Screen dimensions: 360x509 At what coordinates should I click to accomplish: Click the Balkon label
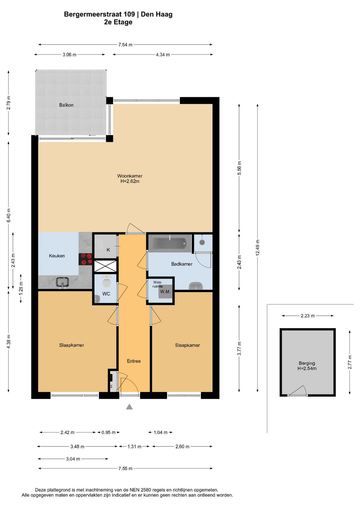tap(66, 105)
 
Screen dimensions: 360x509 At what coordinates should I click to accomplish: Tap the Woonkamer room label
tap(130, 176)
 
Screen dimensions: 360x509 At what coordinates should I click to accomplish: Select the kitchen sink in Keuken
tap(63, 282)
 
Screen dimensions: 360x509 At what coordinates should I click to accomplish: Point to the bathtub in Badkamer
tap(170, 243)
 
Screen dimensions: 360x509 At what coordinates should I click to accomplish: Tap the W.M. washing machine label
tap(165, 292)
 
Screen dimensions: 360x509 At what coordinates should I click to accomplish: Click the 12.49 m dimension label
tap(257, 248)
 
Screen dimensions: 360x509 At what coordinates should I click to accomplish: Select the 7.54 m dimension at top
tap(125, 45)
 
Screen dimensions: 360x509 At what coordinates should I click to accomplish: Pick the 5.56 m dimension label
tap(239, 168)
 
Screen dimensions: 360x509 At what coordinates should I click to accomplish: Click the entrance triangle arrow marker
tap(129, 406)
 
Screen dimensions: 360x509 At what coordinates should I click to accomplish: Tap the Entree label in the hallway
tap(134, 361)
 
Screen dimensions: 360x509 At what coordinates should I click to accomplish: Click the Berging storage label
tap(307, 363)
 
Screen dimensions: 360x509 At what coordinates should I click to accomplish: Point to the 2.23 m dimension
tap(308, 316)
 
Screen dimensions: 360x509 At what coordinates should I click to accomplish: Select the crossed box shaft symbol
tap(106, 266)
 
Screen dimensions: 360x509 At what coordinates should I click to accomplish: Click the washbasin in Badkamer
tap(196, 286)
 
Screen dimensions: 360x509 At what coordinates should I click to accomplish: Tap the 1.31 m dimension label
tap(134, 446)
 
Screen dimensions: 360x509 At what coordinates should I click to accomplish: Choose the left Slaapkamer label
tap(72, 345)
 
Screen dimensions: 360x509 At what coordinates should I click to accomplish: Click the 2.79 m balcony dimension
tap(8, 103)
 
